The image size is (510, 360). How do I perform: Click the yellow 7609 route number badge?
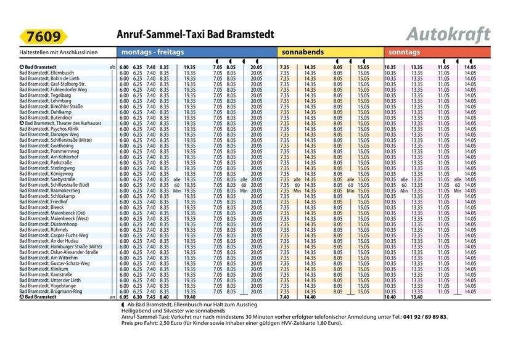[44, 37]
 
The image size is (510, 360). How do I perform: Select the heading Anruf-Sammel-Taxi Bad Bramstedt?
[195, 35]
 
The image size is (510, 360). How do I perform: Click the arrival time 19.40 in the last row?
[189, 297]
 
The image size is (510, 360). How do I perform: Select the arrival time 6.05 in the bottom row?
[124, 297]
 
